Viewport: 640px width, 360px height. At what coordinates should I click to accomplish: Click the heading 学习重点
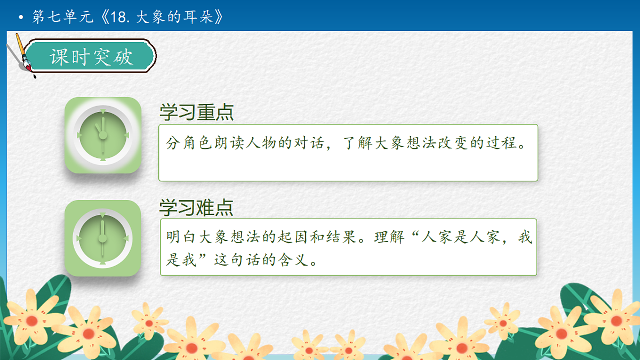[196, 113]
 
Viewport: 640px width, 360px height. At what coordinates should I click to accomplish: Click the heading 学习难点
[196, 207]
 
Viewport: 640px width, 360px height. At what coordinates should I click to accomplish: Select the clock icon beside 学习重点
[103, 135]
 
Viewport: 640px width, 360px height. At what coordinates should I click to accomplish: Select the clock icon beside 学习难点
[102, 238]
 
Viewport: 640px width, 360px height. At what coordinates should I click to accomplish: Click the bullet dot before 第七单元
[21, 18]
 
